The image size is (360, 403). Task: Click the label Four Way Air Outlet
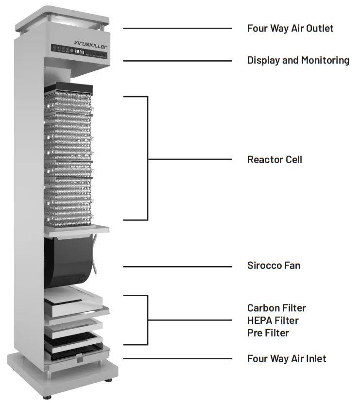[x=290, y=28]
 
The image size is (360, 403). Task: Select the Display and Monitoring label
[x=298, y=60]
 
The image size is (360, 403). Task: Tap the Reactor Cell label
[x=274, y=159]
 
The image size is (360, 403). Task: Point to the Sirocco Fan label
[x=274, y=266]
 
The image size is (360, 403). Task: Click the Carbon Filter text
[x=276, y=308]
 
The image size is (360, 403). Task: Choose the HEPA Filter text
[x=273, y=320]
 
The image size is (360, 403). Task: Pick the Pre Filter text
[x=268, y=333]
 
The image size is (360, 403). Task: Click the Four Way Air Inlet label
[x=287, y=359]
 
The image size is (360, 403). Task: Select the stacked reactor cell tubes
[x=68, y=155]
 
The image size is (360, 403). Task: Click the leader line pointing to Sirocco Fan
[x=177, y=266]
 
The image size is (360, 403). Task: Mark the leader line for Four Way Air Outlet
[x=177, y=28]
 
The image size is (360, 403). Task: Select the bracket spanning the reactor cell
[x=147, y=158]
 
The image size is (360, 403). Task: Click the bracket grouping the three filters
[x=147, y=320]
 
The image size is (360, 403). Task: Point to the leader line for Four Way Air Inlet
[x=177, y=359]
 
